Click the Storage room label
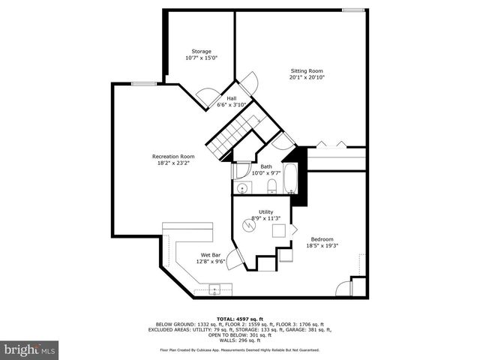coord(201,51)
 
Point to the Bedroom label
coord(322,238)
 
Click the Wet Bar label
coord(211,255)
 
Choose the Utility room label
coord(265,212)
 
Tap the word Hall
coord(232,98)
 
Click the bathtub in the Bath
coord(290,178)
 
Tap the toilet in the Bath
coord(272,186)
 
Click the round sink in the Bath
coord(241,187)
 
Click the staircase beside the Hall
coord(232,136)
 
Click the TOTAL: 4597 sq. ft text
coord(239,318)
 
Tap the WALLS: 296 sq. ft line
coord(239,340)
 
